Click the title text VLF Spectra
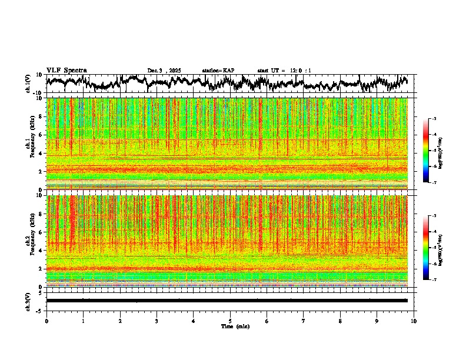pos(66,70)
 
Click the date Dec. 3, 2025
pos(164,71)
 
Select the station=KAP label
pos(218,71)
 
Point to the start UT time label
pos(284,71)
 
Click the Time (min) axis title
pos(235,326)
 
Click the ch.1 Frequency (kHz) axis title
pos(29,144)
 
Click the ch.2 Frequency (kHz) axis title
pos(29,241)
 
